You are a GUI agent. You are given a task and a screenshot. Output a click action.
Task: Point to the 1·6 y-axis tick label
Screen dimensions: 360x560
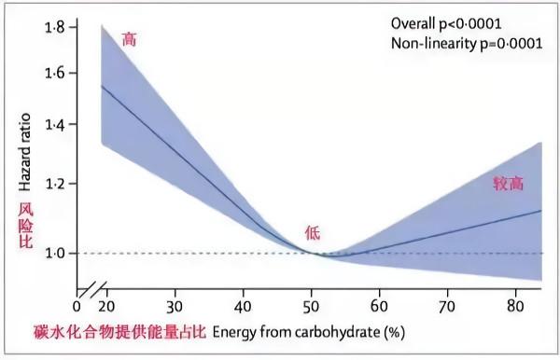pyautogui.click(x=53, y=73)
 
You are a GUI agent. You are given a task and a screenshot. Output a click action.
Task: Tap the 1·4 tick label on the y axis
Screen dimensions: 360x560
pyautogui.click(x=53, y=125)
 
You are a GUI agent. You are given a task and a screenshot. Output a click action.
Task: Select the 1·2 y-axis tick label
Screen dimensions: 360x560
pyautogui.click(x=53, y=184)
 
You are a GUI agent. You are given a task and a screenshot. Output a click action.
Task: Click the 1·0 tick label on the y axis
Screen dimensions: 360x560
pyautogui.click(x=53, y=253)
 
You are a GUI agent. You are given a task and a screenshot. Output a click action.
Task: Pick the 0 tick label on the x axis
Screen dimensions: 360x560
pyautogui.click(x=77, y=305)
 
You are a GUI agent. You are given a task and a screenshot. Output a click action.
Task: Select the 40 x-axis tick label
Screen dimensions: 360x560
pyautogui.click(x=241, y=305)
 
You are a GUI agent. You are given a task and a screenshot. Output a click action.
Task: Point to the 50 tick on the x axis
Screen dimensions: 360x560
pyautogui.click(x=311, y=305)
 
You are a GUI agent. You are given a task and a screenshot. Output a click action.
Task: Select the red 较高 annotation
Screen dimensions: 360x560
pyautogui.click(x=509, y=184)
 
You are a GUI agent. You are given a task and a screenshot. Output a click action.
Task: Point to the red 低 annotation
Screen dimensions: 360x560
pyautogui.click(x=313, y=232)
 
